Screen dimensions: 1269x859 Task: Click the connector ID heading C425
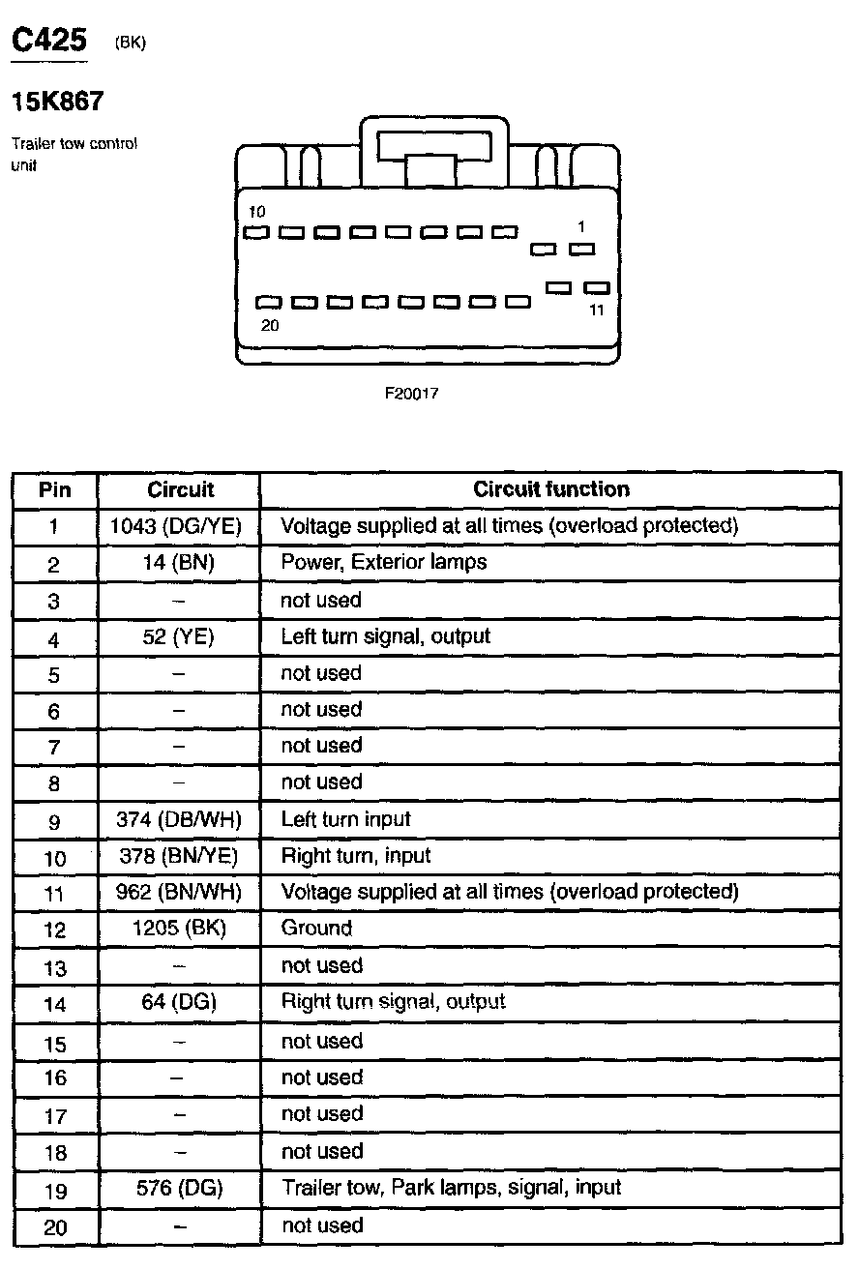point(48,40)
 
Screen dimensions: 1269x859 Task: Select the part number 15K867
point(57,101)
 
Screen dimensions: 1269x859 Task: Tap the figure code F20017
point(412,394)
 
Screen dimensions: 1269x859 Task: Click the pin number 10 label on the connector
point(256,211)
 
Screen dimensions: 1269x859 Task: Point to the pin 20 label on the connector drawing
point(270,326)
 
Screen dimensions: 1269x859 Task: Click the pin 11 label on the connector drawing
point(596,310)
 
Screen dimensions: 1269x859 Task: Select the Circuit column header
point(180,489)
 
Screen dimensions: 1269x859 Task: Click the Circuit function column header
point(550,489)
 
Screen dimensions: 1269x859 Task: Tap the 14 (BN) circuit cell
point(180,563)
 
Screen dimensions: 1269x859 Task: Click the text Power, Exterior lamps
point(383,562)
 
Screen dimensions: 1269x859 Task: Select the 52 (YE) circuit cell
point(180,637)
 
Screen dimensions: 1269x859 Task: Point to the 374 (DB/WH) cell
point(180,820)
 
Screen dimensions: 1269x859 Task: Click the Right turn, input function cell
point(355,856)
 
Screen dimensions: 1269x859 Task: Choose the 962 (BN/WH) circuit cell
point(180,892)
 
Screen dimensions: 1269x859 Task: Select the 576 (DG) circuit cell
point(180,1188)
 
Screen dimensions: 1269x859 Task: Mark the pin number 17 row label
point(55,1116)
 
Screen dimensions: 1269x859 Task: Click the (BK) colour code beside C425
point(130,43)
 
